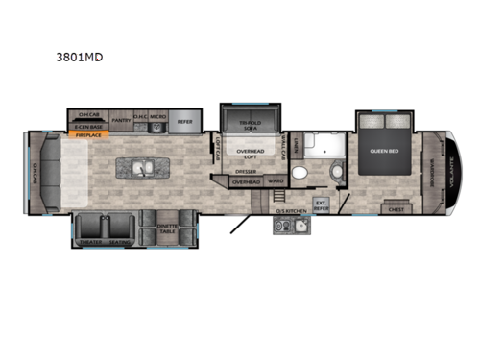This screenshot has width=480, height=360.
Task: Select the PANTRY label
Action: coord(121,121)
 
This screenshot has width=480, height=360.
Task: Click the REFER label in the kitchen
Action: coord(185,121)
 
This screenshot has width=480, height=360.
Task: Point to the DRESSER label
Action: coord(246,171)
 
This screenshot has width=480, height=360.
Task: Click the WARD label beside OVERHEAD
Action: coord(275,180)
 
